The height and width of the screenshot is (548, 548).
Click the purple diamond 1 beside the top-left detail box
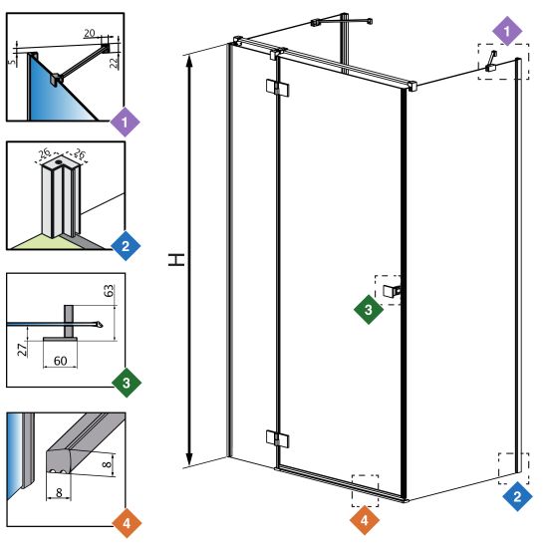(x=126, y=122)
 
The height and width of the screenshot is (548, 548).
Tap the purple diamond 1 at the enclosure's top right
(x=507, y=32)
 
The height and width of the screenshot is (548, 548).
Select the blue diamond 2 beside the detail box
(x=126, y=246)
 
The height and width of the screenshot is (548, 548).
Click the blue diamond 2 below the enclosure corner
(x=517, y=496)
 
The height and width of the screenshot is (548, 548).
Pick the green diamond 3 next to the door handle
(x=369, y=309)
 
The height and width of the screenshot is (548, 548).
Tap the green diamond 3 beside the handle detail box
(x=127, y=383)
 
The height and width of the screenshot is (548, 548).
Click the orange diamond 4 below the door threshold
(x=365, y=520)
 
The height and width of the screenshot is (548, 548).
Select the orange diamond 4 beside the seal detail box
(x=127, y=523)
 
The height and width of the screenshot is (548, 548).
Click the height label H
(x=176, y=260)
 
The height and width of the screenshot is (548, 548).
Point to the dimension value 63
(x=110, y=291)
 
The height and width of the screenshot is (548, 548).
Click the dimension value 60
(x=60, y=361)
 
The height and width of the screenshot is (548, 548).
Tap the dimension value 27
(x=22, y=350)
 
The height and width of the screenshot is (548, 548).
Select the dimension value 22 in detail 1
(x=114, y=63)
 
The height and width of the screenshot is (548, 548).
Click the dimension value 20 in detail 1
(x=90, y=33)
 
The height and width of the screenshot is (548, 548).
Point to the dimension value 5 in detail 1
(x=12, y=62)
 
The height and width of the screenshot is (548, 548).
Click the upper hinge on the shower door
(x=278, y=88)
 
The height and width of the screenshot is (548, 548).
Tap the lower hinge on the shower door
(x=278, y=438)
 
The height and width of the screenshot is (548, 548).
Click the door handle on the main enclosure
(x=392, y=291)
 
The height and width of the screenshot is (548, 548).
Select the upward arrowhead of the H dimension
(x=189, y=63)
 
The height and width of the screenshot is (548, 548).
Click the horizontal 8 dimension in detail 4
(x=59, y=493)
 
